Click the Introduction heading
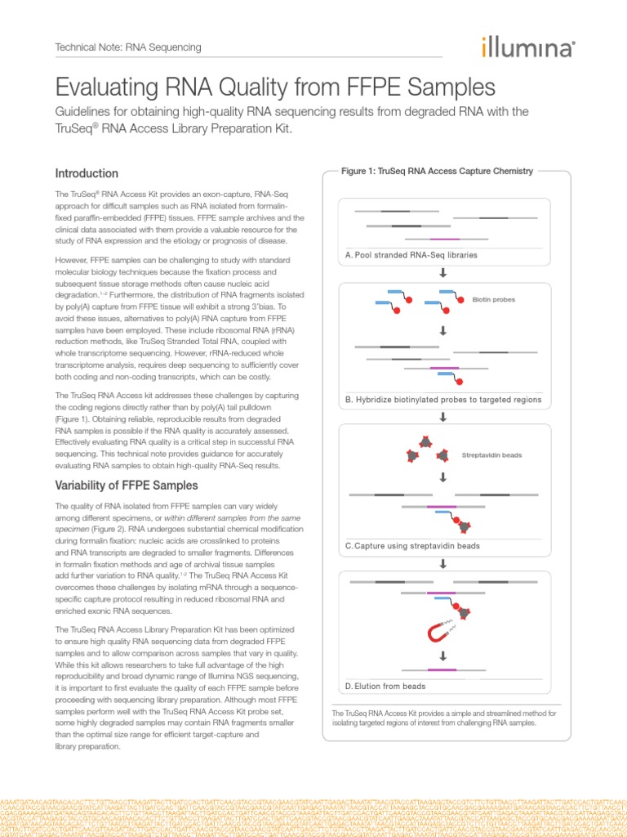click(87, 173)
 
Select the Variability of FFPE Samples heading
click(126, 486)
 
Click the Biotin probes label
click(493, 299)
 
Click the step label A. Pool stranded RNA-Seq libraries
click(411, 255)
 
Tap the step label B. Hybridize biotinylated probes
click(443, 401)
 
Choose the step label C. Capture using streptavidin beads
click(412, 545)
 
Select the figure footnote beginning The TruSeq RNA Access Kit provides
click(443, 718)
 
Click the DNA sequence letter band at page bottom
click(313, 814)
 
